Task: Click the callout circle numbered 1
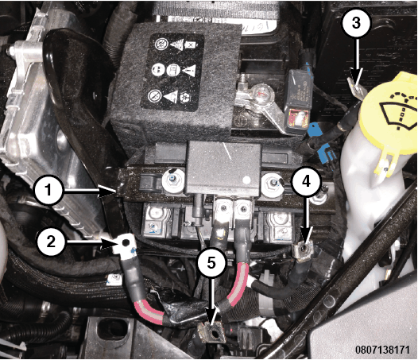click(48, 191)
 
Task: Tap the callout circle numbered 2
click(51, 242)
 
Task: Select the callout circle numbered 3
click(356, 24)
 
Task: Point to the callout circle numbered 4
click(306, 182)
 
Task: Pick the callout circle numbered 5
click(211, 264)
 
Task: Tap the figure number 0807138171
click(382, 350)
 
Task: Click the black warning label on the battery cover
click(172, 72)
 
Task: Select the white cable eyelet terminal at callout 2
click(125, 244)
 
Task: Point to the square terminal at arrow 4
click(304, 250)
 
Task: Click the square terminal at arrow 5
click(212, 332)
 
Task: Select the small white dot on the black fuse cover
click(247, 180)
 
